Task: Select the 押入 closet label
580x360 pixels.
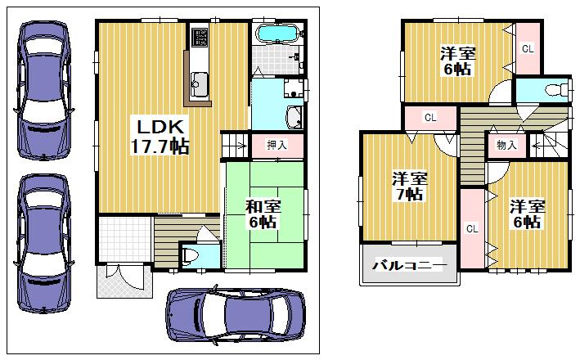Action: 277,145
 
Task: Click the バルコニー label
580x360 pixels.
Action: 408,265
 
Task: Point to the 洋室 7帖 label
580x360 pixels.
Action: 408,186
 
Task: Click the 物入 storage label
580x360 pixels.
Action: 506,146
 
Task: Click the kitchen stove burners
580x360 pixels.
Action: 200,38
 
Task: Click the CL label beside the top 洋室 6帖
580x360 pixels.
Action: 528,48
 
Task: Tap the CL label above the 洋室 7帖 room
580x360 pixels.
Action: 429,118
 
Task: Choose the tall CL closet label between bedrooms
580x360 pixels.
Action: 471,228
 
